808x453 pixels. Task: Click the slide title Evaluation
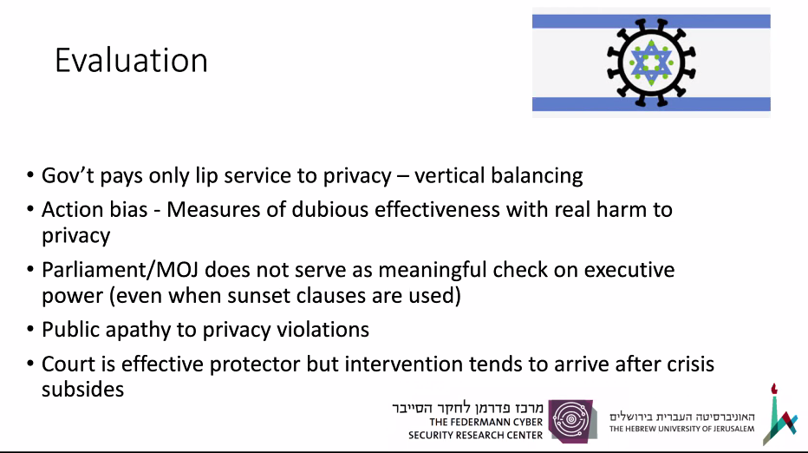[x=131, y=61]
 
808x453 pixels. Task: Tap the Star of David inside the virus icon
[x=651, y=62]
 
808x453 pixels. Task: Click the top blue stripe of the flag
[x=651, y=21]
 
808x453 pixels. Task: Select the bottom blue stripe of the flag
[x=651, y=104]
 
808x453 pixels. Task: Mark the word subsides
[x=83, y=390]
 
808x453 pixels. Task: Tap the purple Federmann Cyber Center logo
[x=572, y=421]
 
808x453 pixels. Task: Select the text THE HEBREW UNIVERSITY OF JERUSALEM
[x=681, y=429]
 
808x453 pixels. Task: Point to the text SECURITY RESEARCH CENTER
[x=475, y=436]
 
